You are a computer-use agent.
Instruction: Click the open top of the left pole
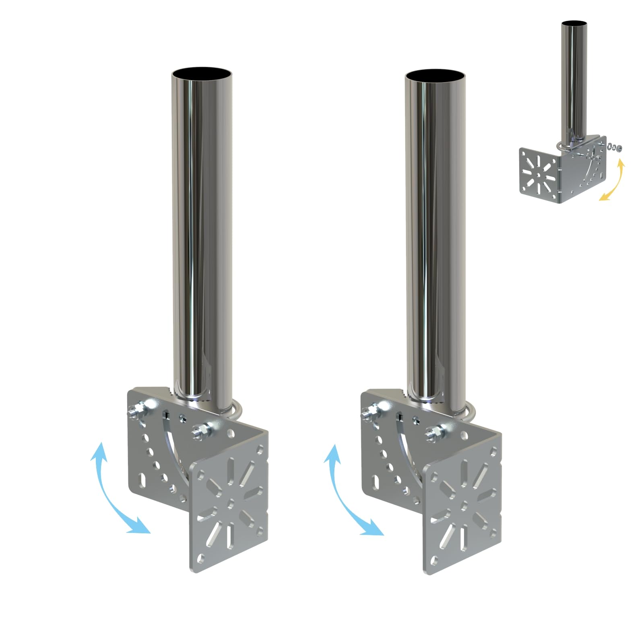pos(202,75)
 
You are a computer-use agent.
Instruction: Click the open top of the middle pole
pos(435,76)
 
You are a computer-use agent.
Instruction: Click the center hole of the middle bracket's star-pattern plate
pos(464,504)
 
